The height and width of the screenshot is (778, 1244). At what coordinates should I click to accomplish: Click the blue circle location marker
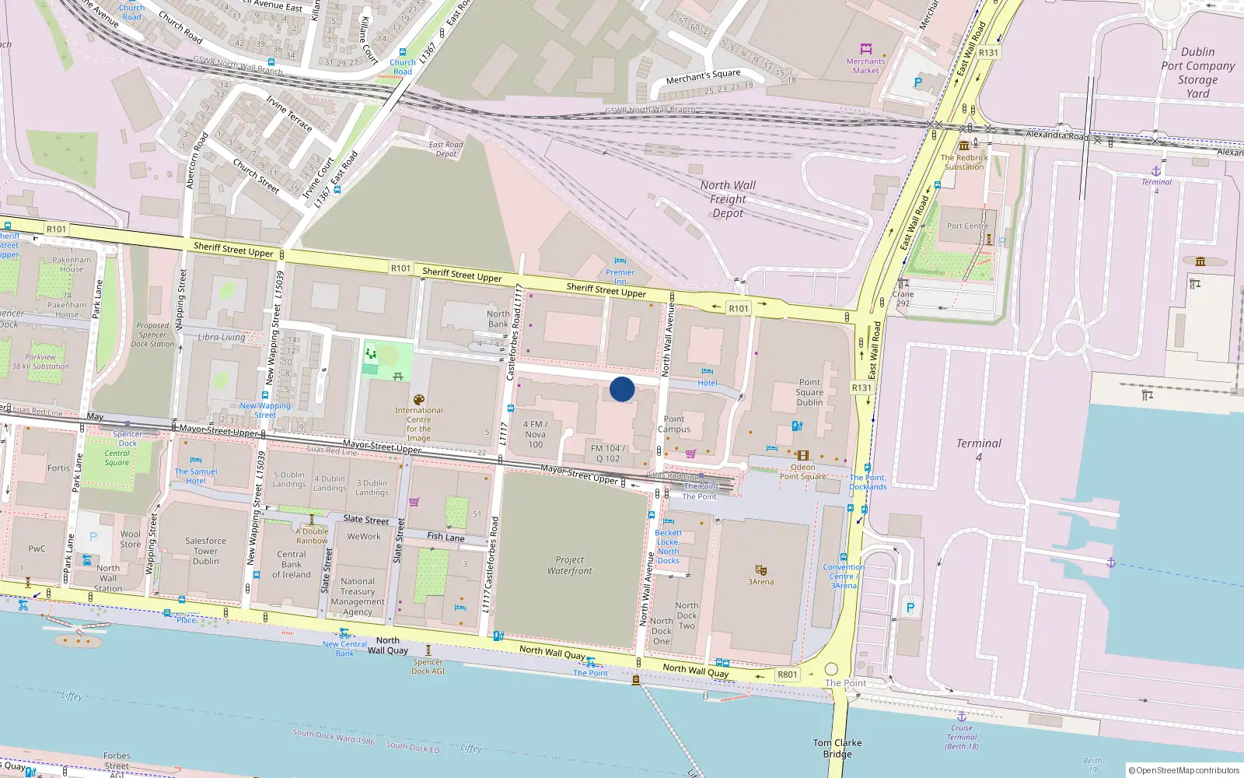[x=622, y=389]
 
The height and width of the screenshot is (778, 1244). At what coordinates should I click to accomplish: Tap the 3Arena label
[x=760, y=582]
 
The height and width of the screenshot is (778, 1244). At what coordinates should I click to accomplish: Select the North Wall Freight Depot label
[x=728, y=199]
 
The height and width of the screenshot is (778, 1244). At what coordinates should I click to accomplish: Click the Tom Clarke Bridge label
[x=837, y=748]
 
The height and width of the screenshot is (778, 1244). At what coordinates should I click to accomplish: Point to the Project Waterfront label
[x=570, y=566]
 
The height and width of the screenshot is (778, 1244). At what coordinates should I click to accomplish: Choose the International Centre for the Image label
[x=418, y=424]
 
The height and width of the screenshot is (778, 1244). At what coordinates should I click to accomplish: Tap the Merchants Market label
[x=865, y=65]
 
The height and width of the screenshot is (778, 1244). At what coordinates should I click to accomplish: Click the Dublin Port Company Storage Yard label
[x=1197, y=72]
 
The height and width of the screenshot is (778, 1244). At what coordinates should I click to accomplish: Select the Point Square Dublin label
[x=809, y=392]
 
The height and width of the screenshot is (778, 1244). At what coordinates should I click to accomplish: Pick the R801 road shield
[x=787, y=675]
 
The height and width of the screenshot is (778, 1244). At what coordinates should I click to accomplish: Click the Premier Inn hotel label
[x=620, y=276]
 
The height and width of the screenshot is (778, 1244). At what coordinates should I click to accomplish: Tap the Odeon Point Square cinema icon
[x=803, y=456]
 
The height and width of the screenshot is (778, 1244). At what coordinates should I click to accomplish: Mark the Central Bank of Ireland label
[x=292, y=564]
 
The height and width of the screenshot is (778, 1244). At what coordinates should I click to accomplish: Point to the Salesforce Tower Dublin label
[x=206, y=551]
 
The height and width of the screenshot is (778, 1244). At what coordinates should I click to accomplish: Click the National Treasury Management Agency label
[x=358, y=597]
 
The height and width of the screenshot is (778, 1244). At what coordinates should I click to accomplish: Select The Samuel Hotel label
[x=196, y=476]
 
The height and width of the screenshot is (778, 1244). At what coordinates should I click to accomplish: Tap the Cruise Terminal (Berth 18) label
[x=962, y=737]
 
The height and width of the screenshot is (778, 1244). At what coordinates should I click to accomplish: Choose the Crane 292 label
[x=903, y=299]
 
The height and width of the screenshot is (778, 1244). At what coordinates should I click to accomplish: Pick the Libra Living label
[x=222, y=337]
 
